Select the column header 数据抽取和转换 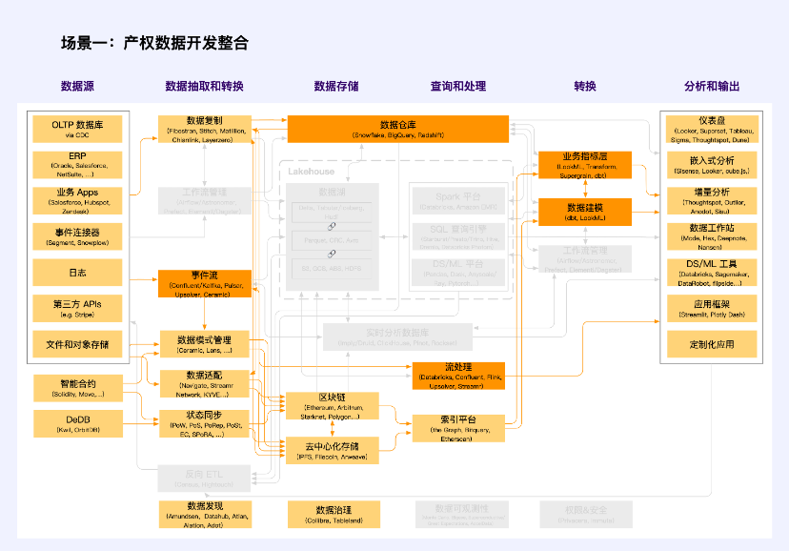coord(204,86)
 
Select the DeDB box coord(77,423)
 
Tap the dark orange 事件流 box coord(204,283)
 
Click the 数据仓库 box coord(398,129)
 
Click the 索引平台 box coord(458,425)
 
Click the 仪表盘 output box coord(712,129)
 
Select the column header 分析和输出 coord(712,86)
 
